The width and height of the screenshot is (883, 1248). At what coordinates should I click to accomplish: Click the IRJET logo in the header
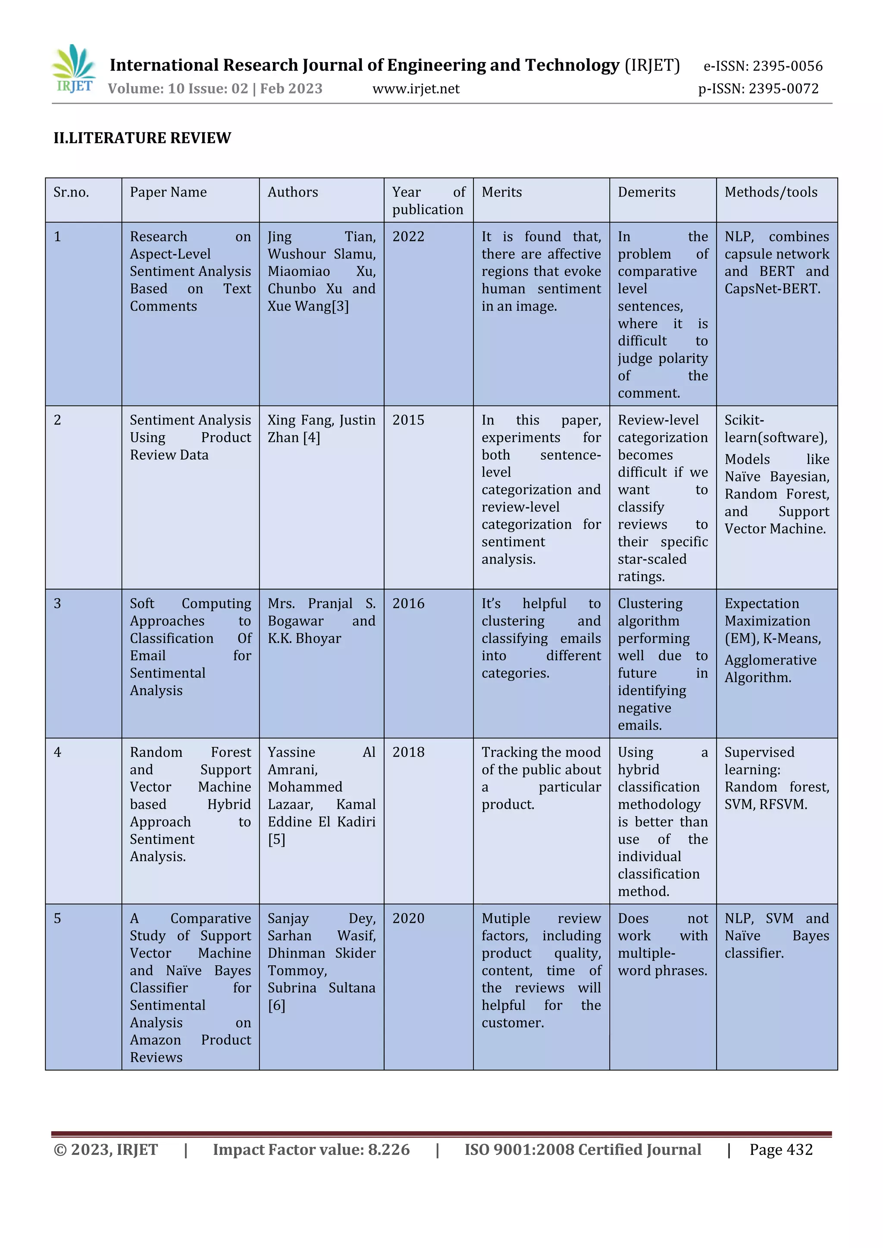click(x=75, y=69)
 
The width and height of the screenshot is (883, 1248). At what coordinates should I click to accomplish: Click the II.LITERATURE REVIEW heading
click(x=142, y=138)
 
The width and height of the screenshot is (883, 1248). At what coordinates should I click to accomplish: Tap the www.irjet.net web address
click(x=416, y=89)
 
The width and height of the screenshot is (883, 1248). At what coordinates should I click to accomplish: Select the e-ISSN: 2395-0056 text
click(x=763, y=66)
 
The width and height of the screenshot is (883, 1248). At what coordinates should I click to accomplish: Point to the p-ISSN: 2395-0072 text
click(x=758, y=89)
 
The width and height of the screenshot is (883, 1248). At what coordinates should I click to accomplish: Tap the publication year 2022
click(x=408, y=237)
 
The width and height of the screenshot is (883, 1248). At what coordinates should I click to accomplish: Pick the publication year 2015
click(x=408, y=420)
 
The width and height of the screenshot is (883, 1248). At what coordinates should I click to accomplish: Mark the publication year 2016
click(x=408, y=603)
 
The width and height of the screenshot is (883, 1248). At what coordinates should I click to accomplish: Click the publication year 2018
click(x=408, y=752)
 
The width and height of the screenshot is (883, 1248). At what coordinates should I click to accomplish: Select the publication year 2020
click(x=408, y=919)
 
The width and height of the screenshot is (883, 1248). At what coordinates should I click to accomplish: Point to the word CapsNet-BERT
click(x=772, y=289)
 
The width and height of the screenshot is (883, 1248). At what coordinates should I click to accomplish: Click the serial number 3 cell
click(x=58, y=603)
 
